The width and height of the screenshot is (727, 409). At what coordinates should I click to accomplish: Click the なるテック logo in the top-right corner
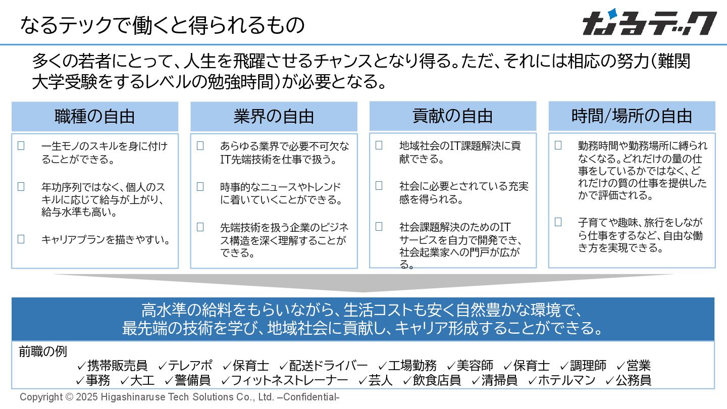(x=649, y=23)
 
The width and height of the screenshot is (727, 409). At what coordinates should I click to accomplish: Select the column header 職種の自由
(x=95, y=117)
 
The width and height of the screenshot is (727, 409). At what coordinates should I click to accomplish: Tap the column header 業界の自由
(x=274, y=117)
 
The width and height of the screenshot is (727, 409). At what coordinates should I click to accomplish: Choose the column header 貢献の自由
(x=452, y=117)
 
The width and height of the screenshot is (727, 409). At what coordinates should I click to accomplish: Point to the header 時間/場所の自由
(x=632, y=117)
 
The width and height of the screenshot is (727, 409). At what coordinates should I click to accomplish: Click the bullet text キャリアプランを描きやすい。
(x=106, y=239)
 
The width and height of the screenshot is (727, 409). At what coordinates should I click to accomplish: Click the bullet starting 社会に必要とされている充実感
(x=463, y=192)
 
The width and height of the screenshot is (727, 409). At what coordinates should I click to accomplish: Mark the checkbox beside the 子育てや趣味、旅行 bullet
(x=558, y=222)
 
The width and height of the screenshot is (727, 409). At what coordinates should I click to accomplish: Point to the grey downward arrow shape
(x=363, y=283)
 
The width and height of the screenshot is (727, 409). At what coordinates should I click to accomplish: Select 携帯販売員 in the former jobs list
(x=117, y=366)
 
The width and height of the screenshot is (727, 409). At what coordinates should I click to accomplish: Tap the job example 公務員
(x=633, y=380)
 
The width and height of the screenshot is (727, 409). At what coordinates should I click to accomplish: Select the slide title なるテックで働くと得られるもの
(x=162, y=24)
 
